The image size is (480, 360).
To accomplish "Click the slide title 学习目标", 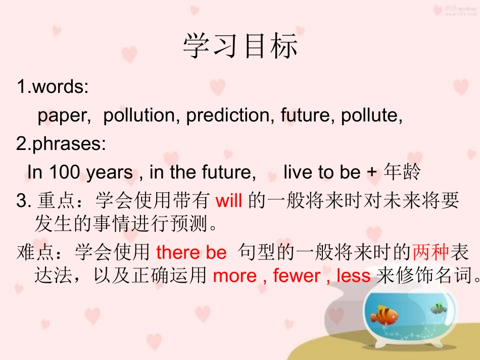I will click(x=241, y=46).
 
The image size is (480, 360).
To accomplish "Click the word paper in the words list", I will click(x=64, y=116).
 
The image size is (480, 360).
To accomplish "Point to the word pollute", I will click(x=371, y=116).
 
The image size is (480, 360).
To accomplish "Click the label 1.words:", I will click(x=53, y=87).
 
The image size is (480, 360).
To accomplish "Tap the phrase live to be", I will click(x=321, y=173).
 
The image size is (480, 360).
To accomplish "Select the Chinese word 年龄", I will click(x=402, y=173).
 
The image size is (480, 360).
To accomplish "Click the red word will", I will click(x=229, y=201).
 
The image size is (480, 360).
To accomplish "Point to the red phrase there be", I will click(x=191, y=252).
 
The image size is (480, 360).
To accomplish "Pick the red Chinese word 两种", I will click(x=430, y=251).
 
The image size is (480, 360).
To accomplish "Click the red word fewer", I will click(x=297, y=276).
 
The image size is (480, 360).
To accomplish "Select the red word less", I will click(x=353, y=276).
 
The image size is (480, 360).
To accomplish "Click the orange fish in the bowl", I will click(x=385, y=315).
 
